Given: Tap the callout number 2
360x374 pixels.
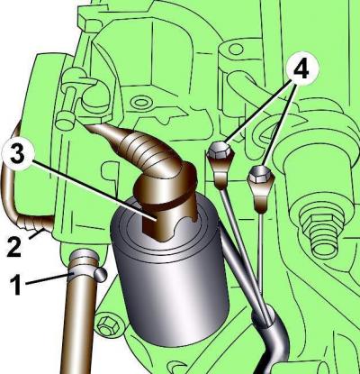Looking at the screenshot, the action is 14,247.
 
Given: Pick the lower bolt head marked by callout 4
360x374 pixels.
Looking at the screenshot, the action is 260,174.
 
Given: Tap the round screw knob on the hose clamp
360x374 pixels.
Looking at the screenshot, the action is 101,275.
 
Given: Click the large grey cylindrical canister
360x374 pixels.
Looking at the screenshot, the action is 170,270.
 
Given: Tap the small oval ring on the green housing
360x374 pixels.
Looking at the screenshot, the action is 141,103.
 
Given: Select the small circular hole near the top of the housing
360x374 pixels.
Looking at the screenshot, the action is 236,49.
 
